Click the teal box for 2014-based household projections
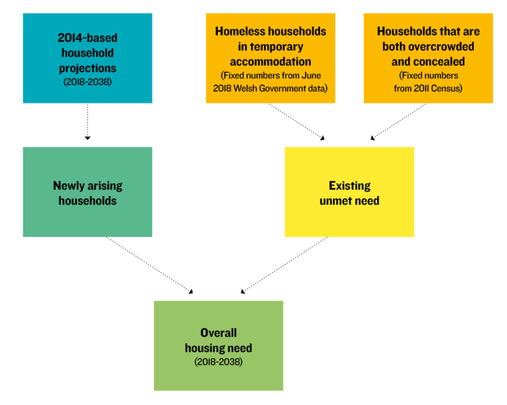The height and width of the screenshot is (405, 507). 87,58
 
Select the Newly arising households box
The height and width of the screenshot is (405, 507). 87,192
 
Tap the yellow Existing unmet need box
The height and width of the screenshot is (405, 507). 349,192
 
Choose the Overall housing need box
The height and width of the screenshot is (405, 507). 218,346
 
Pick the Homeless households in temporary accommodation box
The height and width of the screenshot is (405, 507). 270,58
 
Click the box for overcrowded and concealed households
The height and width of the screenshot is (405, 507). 428,58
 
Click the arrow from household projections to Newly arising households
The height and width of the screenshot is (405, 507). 87,122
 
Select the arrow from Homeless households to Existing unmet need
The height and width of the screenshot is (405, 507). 296,122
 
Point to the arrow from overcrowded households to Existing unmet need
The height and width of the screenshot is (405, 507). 398,122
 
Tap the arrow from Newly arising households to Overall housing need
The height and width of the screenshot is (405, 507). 150,266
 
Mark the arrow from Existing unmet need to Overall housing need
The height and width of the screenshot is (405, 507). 284,266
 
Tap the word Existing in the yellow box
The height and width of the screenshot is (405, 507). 349,186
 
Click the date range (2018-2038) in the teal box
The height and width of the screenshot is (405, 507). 87,81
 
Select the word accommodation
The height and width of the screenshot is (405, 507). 270,62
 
